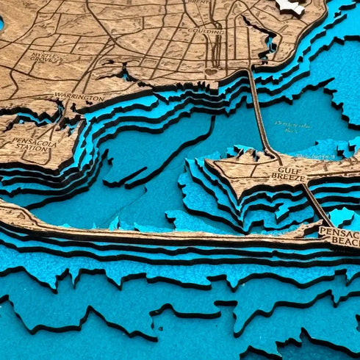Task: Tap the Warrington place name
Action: tap(79, 97)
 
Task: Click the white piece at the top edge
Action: tap(291, 7)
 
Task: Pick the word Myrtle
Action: tap(40, 54)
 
